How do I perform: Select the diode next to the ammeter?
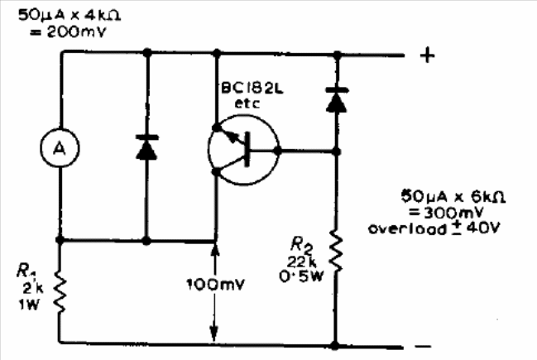[147, 147]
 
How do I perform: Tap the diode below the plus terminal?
[337, 99]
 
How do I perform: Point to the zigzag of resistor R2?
[336, 251]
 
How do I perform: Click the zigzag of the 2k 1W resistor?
[60, 290]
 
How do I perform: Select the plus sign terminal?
[428, 55]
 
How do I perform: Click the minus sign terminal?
[424, 346]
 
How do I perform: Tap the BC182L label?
[252, 89]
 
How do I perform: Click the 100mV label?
[216, 285]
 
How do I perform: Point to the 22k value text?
[302, 262]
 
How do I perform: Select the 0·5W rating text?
[301, 276]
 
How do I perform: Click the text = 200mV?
[68, 31]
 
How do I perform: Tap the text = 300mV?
[446, 213]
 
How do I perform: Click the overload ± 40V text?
[434, 228]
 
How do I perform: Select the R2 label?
[301, 245]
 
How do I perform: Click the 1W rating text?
[29, 304]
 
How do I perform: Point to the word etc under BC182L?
[247, 103]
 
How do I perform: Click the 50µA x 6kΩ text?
[453, 196]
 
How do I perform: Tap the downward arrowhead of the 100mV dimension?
[214, 334]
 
